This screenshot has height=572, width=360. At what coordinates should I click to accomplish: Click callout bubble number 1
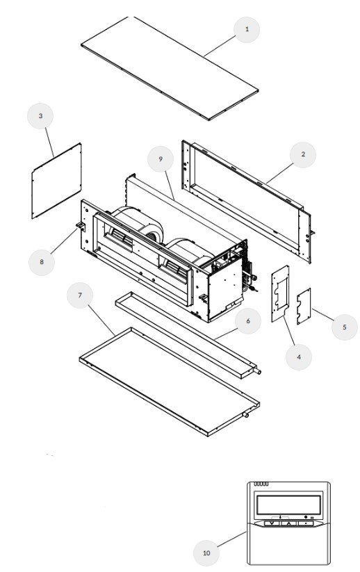(x=247, y=30)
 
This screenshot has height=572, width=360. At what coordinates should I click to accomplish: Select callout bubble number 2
(x=303, y=155)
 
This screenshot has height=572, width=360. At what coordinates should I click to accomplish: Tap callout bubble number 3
(x=40, y=116)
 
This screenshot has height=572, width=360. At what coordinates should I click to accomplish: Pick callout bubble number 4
(x=299, y=357)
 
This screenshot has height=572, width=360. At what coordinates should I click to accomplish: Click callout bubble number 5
(x=344, y=327)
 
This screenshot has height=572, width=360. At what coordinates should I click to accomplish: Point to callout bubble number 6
(x=248, y=321)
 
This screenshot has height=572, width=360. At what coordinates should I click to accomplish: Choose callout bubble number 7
(x=80, y=295)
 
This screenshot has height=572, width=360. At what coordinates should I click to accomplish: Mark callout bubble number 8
(x=42, y=262)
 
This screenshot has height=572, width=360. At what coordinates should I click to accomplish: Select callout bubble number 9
(x=161, y=159)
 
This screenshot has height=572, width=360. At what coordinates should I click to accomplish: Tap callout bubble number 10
(x=206, y=553)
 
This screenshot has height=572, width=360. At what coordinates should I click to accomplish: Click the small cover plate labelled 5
(x=304, y=306)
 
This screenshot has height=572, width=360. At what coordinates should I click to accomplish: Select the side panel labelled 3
(x=56, y=181)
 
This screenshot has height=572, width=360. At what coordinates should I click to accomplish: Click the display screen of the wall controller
(x=288, y=505)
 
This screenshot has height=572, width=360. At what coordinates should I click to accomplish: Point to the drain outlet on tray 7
(x=246, y=415)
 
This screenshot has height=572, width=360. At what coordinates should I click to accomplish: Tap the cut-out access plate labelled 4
(x=280, y=293)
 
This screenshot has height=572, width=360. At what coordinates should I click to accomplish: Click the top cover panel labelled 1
(x=170, y=68)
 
